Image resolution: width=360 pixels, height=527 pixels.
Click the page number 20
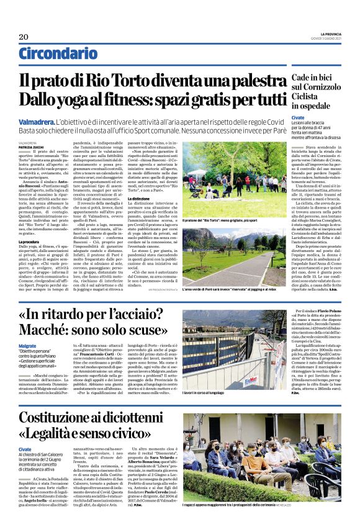pos(24,37)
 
